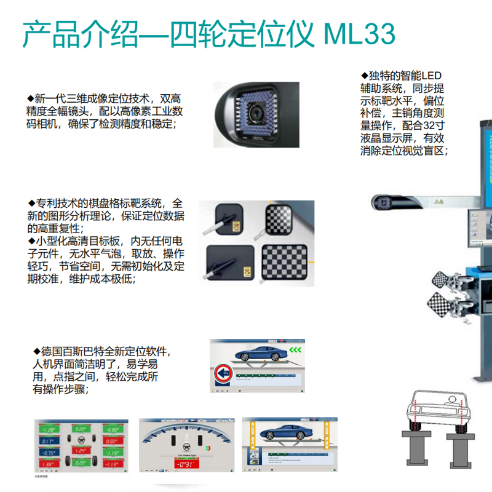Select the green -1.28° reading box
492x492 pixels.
click(x=47, y=429)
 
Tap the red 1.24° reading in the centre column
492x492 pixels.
click(x=80, y=451)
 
